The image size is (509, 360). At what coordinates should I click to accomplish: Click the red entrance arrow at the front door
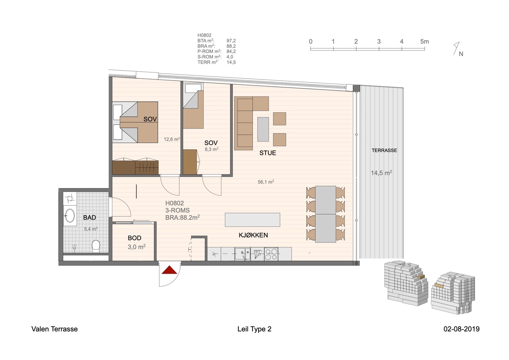pyautogui.click(x=169, y=270)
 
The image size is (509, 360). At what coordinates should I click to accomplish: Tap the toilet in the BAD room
pyautogui.click(x=96, y=246)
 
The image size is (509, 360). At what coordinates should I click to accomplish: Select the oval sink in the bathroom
pyautogui.click(x=70, y=216)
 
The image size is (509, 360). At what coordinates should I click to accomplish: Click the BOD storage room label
pyautogui.click(x=134, y=238)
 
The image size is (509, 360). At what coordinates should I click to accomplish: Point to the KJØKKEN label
pyautogui.click(x=253, y=235)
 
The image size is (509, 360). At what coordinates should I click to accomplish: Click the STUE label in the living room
pyautogui.click(x=268, y=153)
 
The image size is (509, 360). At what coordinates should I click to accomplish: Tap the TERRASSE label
pyautogui.click(x=384, y=150)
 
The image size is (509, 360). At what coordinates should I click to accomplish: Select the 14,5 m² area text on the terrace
pyautogui.click(x=381, y=173)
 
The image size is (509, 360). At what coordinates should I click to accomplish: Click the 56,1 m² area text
pyautogui.click(x=266, y=182)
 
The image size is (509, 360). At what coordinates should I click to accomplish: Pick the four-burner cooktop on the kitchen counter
pyautogui.click(x=271, y=254)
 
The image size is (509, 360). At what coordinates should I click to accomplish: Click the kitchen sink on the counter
pyautogui.click(x=243, y=254)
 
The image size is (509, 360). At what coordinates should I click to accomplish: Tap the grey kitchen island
pyautogui.click(x=253, y=220)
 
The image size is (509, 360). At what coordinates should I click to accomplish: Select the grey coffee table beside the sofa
pyautogui.click(x=263, y=129)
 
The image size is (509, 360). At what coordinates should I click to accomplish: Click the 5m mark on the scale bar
pyautogui.click(x=424, y=42)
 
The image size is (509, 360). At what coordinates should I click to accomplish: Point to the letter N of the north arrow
pyautogui.click(x=461, y=54)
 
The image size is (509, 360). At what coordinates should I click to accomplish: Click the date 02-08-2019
pyautogui.click(x=462, y=329)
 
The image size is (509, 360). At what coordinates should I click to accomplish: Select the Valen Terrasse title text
pyautogui.click(x=54, y=329)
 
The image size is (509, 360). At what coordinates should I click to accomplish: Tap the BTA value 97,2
pyautogui.click(x=231, y=41)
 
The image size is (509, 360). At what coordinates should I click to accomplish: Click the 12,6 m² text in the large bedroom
pyautogui.click(x=172, y=139)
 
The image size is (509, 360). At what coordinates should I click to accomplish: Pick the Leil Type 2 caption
pyautogui.click(x=254, y=329)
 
